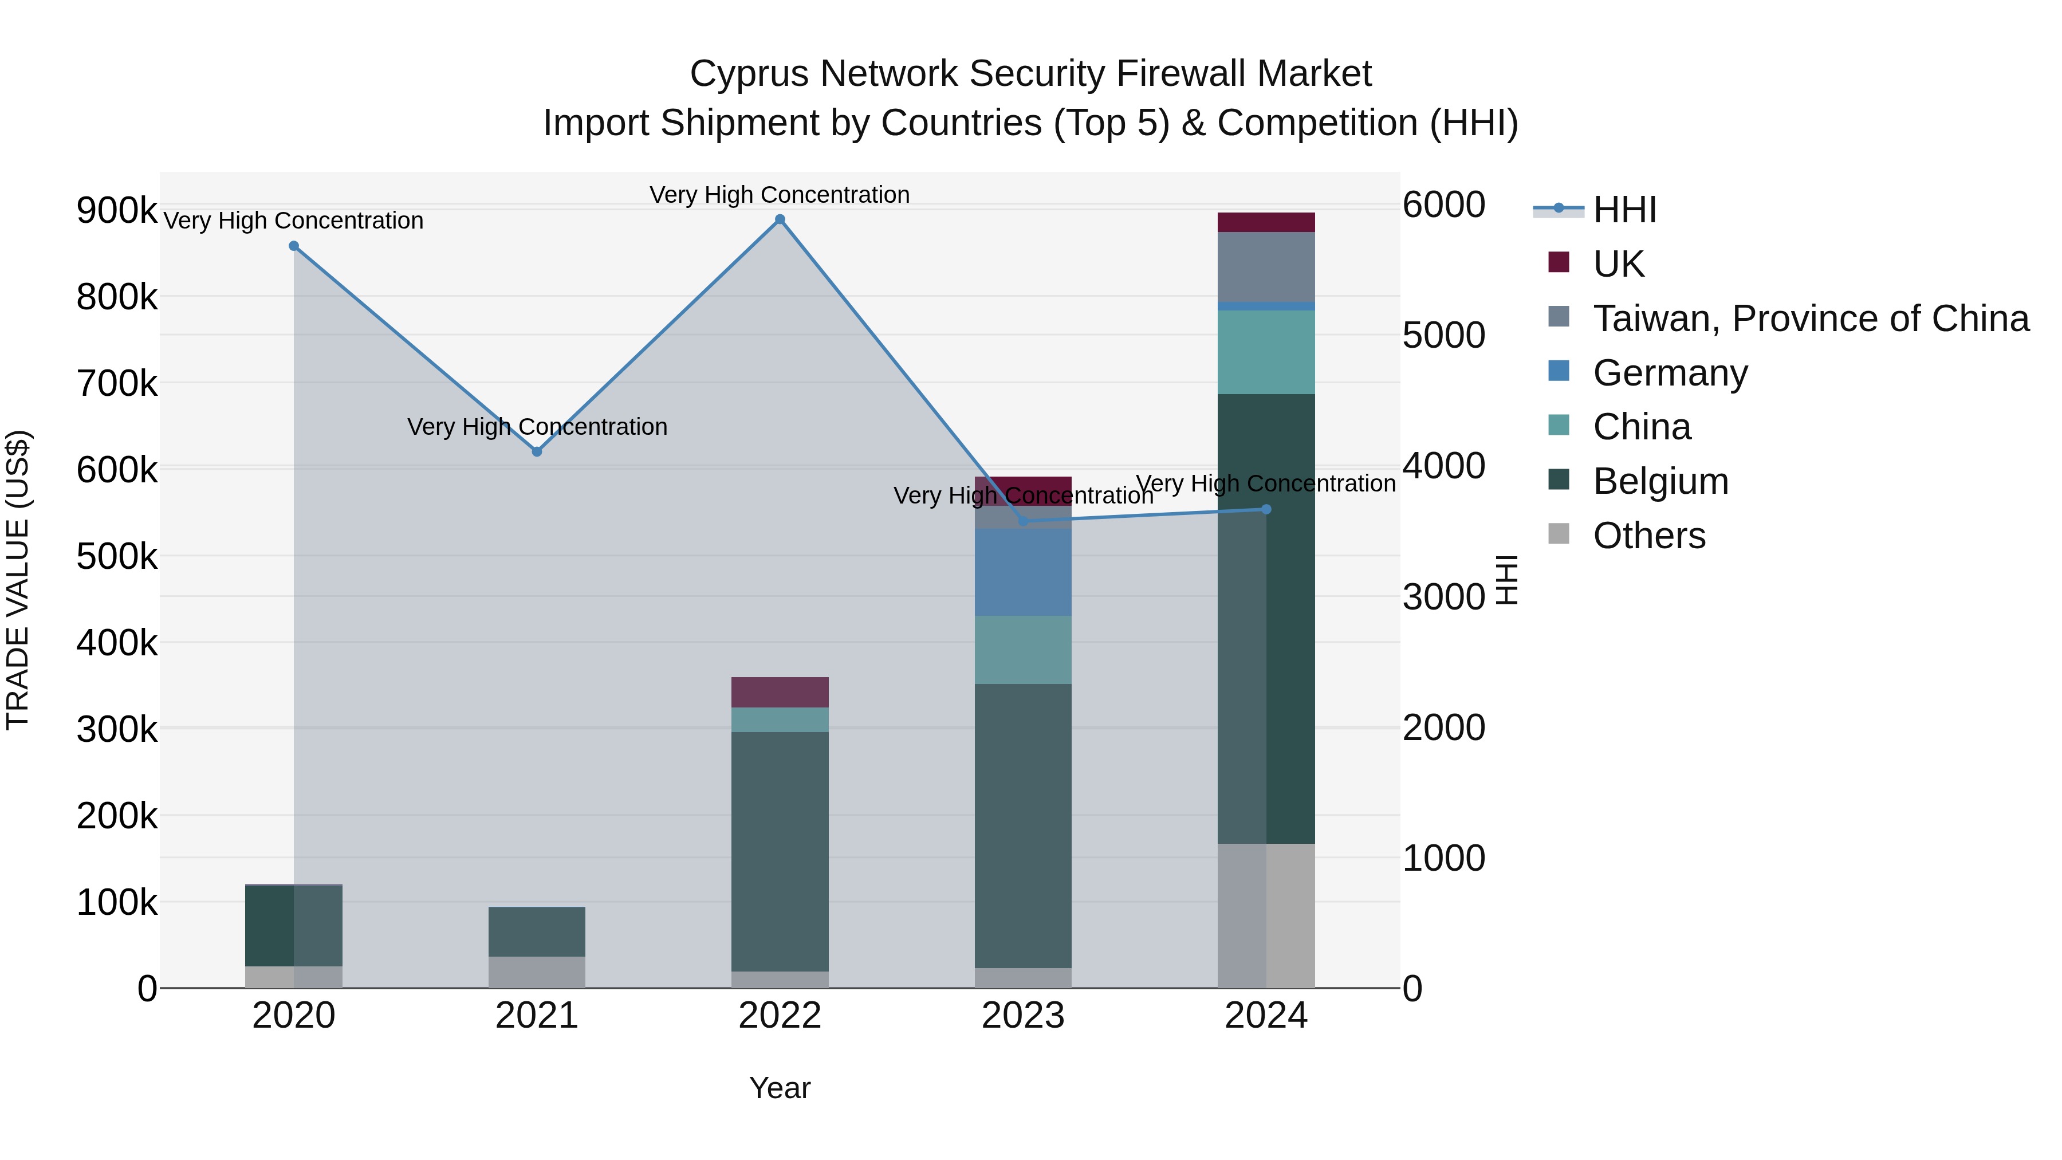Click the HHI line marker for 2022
coord(780,219)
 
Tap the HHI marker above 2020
coord(294,246)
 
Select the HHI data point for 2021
coord(537,451)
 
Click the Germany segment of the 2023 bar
coord(1023,572)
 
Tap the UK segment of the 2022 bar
coord(780,691)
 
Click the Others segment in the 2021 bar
coord(537,972)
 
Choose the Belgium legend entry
coord(1660,481)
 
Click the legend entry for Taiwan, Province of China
coord(1811,318)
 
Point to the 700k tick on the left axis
coord(117,383)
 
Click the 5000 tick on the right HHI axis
coord(1443,336)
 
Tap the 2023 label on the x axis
coord(1023,1016)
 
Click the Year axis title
coord(780,1088)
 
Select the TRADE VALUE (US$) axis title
coord(18,580)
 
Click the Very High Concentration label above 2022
coord(780,195)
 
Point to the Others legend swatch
coord(1559,533)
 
